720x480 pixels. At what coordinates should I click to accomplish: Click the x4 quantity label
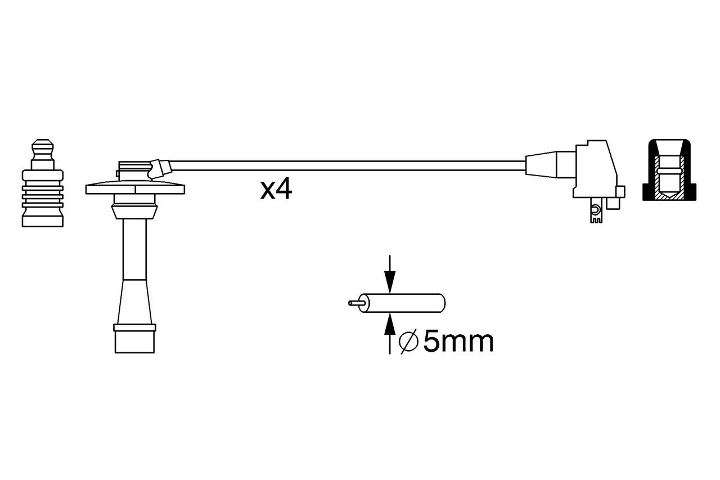(x=276, y=189)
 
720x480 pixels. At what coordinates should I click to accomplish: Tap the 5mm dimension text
(x=458, y=342)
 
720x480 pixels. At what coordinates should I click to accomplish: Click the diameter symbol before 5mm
(x=408, y=342)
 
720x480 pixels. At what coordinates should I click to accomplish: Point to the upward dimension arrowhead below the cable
(x=390, y=324)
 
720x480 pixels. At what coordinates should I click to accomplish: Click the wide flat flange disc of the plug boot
(x=135, y=189)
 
